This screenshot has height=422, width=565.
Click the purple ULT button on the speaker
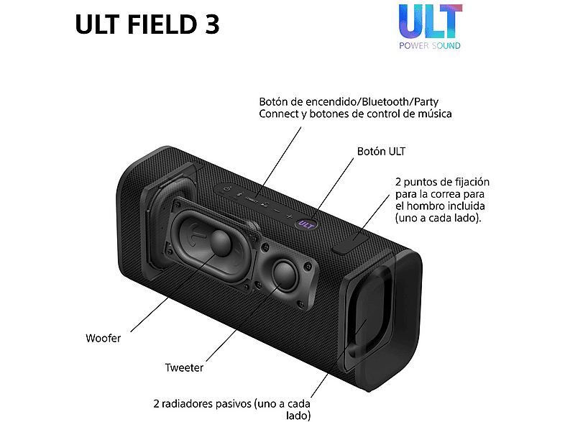[306, 224]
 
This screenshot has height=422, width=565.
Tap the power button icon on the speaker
[227, 188]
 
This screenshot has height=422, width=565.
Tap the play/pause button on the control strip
[265, 204]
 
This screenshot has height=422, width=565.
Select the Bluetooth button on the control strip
[239, 193]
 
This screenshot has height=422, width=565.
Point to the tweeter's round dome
[285, 275]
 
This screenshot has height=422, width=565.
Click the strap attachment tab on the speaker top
[350, 245]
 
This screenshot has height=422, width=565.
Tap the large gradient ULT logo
[431, 22]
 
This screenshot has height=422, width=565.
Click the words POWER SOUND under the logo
[430, 46]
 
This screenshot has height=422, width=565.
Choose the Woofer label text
[103, 338]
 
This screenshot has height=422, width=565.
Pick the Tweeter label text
[184, 367]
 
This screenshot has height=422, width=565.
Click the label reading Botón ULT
[381, 152]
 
